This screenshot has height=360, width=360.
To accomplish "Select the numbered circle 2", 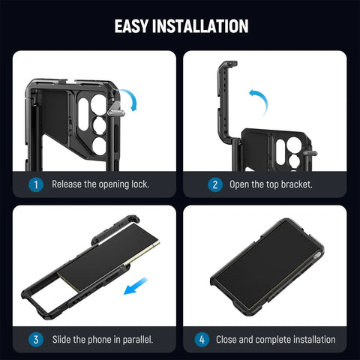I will coord(215,184).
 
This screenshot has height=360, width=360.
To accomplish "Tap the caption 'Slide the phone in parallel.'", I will coord(102,339).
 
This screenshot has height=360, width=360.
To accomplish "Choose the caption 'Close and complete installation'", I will coord(275,339).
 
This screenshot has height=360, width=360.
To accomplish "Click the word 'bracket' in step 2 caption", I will coord(301,184).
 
